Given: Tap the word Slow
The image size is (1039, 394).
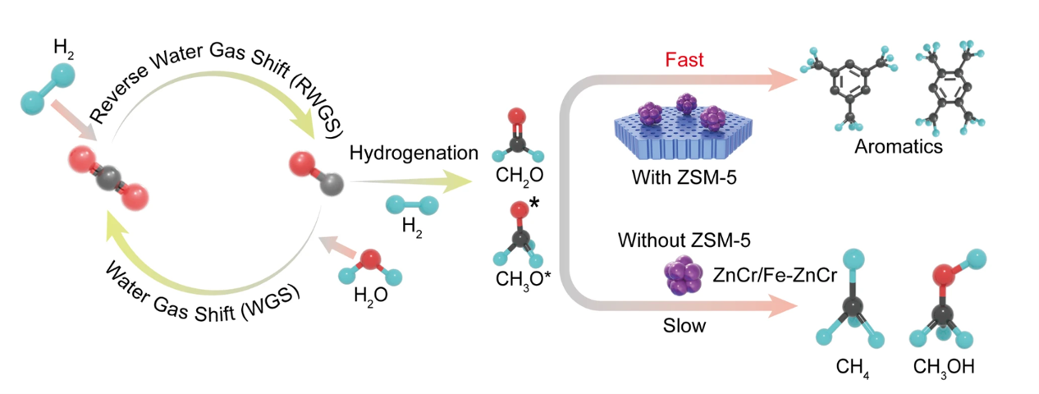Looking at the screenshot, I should (x=684, y=326).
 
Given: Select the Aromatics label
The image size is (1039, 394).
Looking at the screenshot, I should (x=898, y=148).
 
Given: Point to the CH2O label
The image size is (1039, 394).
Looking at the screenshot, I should (x=515, y=176).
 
